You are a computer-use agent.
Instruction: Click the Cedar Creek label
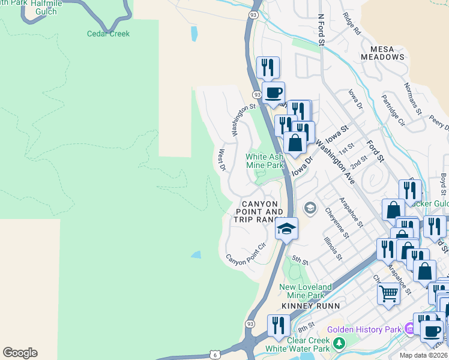[x=108, y=34]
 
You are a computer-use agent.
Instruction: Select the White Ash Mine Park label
[x=264, y=161]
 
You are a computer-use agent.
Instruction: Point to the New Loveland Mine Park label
[x=302, y=291]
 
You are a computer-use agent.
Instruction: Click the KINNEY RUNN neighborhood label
[x=310, y=306]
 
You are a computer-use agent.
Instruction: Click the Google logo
[x=20, y=353]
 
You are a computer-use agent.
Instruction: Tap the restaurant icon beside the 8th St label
[x=278, y=326]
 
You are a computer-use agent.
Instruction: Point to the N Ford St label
[x=321, y=28]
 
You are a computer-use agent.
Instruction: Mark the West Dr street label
[x=222, y=160]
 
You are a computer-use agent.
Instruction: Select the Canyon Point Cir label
[x=246, y=254]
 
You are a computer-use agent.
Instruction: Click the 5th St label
[x=300, y=261]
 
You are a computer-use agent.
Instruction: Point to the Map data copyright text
[x=424, y=355]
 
